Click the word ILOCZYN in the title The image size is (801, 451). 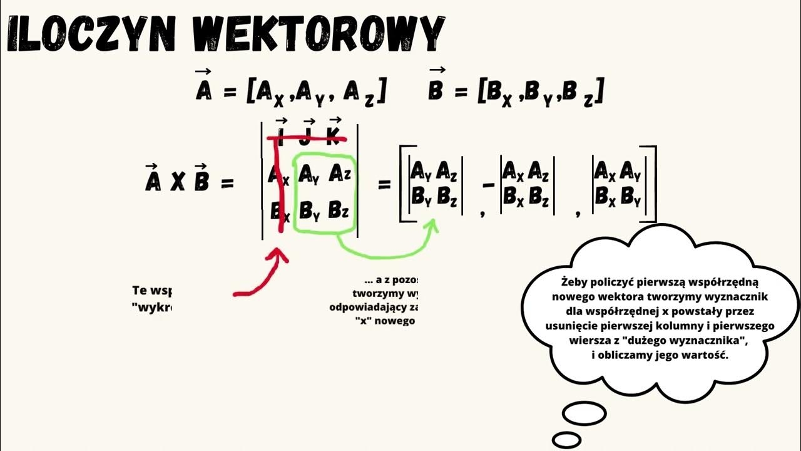coord(96,34)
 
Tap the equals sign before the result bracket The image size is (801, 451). coord(384,184)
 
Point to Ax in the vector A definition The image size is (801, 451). coord(270,94)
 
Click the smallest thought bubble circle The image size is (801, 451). coord(566,439)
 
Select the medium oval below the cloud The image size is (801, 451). coord(584,413)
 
